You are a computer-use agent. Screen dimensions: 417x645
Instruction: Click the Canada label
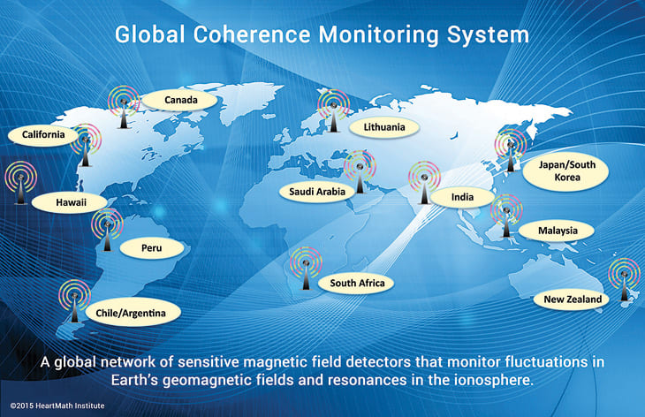(180, 100)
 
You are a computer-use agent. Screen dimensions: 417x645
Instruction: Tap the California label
(38, 135)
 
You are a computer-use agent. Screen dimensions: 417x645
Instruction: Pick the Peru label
(152, 248)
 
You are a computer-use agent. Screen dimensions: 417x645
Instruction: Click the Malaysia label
(558, 231)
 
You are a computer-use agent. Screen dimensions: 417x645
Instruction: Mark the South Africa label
(357, 283)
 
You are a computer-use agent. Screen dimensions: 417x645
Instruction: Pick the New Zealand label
(573, 299)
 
